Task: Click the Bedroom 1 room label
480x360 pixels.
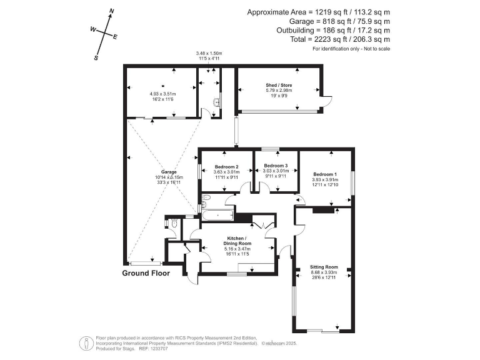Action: click(325, 174)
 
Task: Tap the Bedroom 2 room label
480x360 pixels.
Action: click(226, 167)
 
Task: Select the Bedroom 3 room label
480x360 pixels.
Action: click(275, 166)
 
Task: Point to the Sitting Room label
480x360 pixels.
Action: click(324, 266)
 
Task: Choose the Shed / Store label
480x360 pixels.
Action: click(279, 85)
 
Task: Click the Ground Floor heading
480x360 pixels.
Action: click(146, 274)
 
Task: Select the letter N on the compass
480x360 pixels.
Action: click(111, 11)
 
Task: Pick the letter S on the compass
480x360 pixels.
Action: click(96, 57)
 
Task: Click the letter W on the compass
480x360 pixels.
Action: click(93, 29)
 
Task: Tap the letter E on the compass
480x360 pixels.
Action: click(115, 37)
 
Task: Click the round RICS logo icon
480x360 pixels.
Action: click(84, 342)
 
